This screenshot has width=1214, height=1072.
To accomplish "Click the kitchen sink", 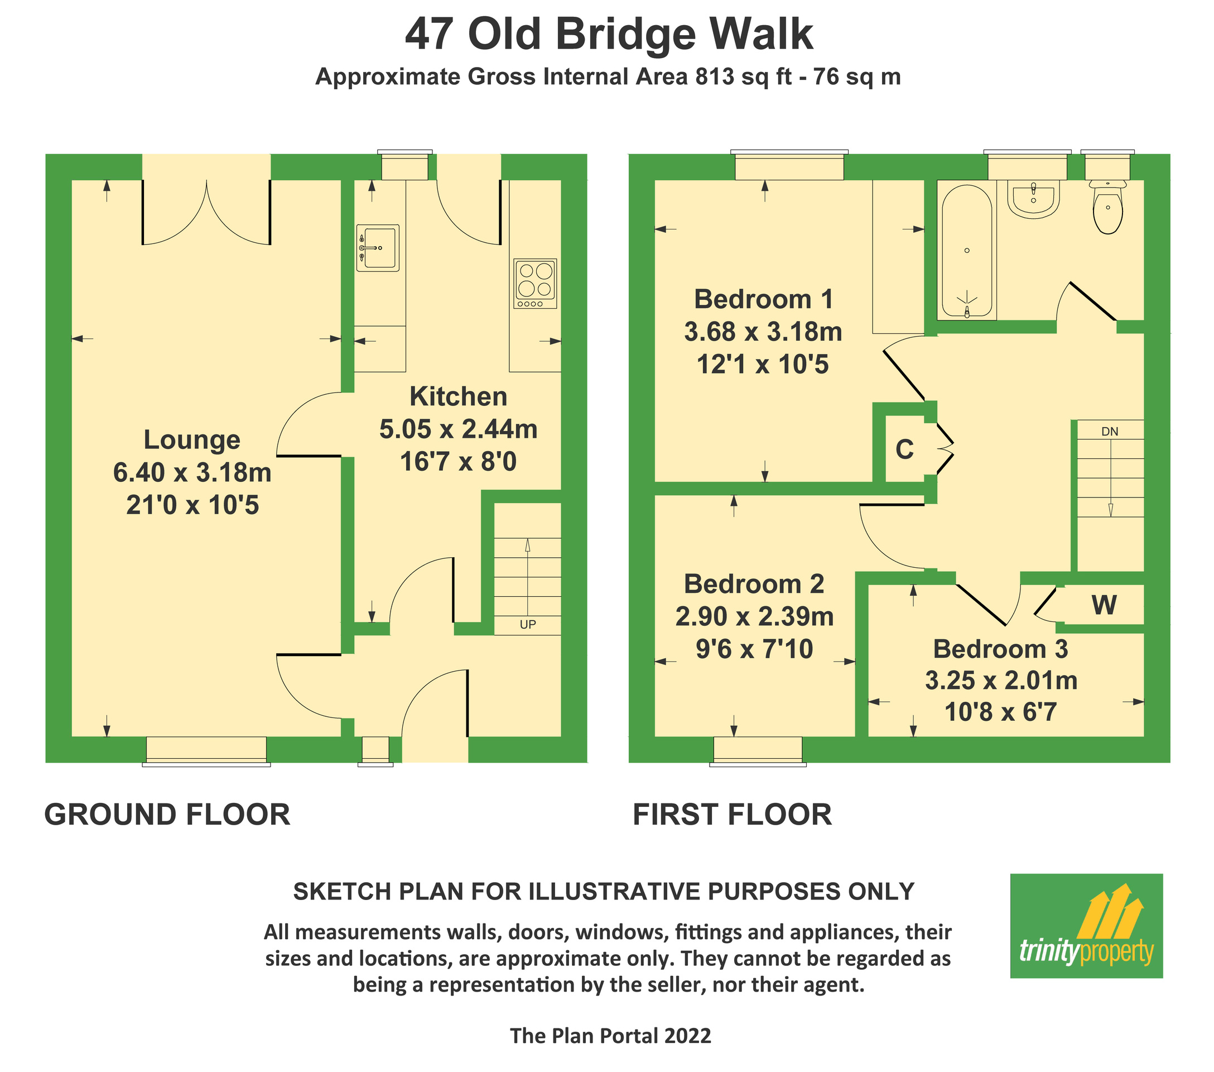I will point(378,248).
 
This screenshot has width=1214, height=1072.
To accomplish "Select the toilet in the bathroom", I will point(1107,209).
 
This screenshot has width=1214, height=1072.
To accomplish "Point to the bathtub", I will point(967,251).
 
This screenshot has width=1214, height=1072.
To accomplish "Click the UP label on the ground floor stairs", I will point(527,625).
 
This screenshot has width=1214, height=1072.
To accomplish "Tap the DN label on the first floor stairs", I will point(1110,432).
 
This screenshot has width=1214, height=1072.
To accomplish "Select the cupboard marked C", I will point(904,450).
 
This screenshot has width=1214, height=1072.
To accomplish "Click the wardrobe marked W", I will point(1104,605).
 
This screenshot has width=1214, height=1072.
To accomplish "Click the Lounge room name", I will point(192,441).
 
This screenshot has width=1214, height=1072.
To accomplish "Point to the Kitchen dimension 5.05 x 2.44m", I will point(458,429).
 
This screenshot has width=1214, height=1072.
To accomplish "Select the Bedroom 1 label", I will point(763,299).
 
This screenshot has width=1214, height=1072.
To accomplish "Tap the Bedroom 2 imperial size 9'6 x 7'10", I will point(754,649).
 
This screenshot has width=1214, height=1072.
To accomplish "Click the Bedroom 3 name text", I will point(1000,649).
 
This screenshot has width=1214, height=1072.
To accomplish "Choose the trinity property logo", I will point(1086,925).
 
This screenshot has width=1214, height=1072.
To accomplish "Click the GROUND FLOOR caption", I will point(167,814).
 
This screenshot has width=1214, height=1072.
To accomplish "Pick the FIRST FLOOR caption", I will point(732,814).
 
